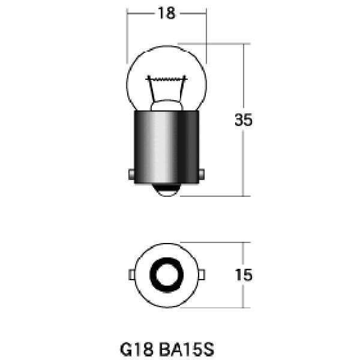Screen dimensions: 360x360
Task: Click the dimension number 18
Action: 166,13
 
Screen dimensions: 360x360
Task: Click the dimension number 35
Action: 243,119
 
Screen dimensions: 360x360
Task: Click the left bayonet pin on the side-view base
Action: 131,175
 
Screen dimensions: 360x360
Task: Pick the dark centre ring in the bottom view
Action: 166,274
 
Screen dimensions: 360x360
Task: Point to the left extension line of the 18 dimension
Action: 127,36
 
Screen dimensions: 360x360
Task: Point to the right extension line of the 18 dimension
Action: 206,36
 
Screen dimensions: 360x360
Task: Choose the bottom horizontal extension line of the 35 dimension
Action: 216,196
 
